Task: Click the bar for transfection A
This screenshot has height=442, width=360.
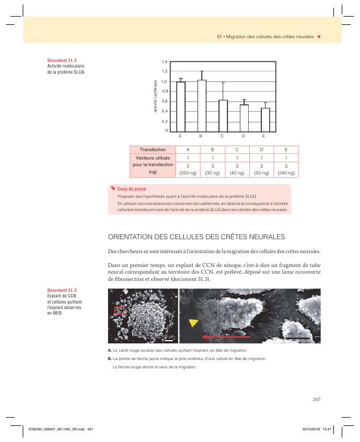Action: pyautogui.click(x=181, y=106)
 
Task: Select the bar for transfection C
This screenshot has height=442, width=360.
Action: pyautogui.click(x=223, y=116)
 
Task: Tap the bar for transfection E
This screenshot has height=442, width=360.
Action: pyautogui.click(x=265, y=120)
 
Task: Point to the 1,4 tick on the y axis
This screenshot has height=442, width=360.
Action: pyautogui.click(x=164, y=61)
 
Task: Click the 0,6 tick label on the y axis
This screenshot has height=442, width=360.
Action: pyautogui.click(x=164, y=101)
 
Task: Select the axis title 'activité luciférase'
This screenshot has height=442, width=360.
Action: pyautogui.click(x=155, y=96)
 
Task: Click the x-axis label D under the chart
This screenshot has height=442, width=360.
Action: pyautogui.click(x=243, y=136)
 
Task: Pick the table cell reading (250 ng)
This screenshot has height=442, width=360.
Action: pyautogui.click(x=188, y=173)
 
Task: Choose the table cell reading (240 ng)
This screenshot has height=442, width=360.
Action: pyautogui.click(x=286, y=173)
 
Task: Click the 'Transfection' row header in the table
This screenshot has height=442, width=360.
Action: pyautogui.click(x=153, y=150)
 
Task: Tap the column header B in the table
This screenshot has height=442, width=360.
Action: pyautogui.click(x=213, y=150)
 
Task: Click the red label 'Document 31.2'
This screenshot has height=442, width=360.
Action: pyautogui.click(x=62, y=60)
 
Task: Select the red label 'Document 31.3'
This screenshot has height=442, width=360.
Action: pyautogui.click(x=62, y=290)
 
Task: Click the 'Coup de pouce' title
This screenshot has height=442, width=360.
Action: pyautogui.click(x=132, y=189)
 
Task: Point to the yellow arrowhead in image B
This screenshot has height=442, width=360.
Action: pyautogui.click(x=193, y=322)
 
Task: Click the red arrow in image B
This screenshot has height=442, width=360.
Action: pyautogui.click(x=227, y=337)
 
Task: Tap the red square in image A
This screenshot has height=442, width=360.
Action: pyautogui.click(x=119, y=310)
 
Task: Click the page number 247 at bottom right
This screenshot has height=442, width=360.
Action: pyautogui.click(x=317, y=399)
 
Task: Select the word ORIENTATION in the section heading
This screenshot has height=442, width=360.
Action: pyautogui.click(x=130, y=237)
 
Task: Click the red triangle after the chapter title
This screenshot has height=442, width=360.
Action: pyautogui.click(x=319, y=37)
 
